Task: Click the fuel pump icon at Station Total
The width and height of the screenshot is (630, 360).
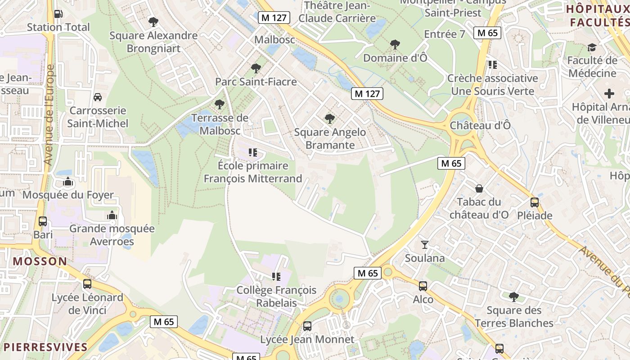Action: pyautogui.click(x=58, y=14)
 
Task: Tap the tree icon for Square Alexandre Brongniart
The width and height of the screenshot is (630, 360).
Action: pyautogui.click(x=153, y=21)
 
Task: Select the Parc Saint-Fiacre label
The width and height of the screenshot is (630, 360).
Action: pyautogui.click(x=256, y=82)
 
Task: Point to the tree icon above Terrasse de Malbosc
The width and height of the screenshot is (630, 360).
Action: pyautogui.click(x=220, y=104)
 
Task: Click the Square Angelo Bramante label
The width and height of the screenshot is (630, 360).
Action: pyautogui.click(x=330, y=139)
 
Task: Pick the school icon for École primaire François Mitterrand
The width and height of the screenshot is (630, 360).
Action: pyautogui.click(x=253, y=153)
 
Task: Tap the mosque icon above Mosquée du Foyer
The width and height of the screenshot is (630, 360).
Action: pyautogui.click(x=68, y=182)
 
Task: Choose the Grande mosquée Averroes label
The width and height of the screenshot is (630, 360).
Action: pyautogui.click(x=112, y=235)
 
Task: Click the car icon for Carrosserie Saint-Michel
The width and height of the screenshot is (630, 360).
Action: pyautogui.click(x=97, y=97)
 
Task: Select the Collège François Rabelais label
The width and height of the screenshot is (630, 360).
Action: pyautogui.click(x=276, y=297)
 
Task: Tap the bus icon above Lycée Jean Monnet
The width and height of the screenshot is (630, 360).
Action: pyautogui.click(x=307, y=326)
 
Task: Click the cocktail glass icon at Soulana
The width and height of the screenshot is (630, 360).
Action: pyautogui.click(x=424, y=245)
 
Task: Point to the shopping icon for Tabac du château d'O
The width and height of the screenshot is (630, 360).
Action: pyautogui.click(x=479, y=189)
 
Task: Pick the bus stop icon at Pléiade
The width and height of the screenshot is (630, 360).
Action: pyautogui.click(x=535, y=202)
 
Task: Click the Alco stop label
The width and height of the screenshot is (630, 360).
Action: pyautogui.click(x=423, y=300)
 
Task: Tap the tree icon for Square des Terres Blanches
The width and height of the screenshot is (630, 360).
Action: pyautogui.click(x=513, y=297)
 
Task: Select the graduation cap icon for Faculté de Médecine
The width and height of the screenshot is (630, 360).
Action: pyautogui.click(x=592, y=47)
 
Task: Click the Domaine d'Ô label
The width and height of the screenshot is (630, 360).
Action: pyautogui.click(x=395, y=58)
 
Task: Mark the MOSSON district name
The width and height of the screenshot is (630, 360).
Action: pyautogui.click(x=40, y=261)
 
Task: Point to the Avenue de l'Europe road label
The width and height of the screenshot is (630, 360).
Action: pyautogui.click(x=49, y=115)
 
